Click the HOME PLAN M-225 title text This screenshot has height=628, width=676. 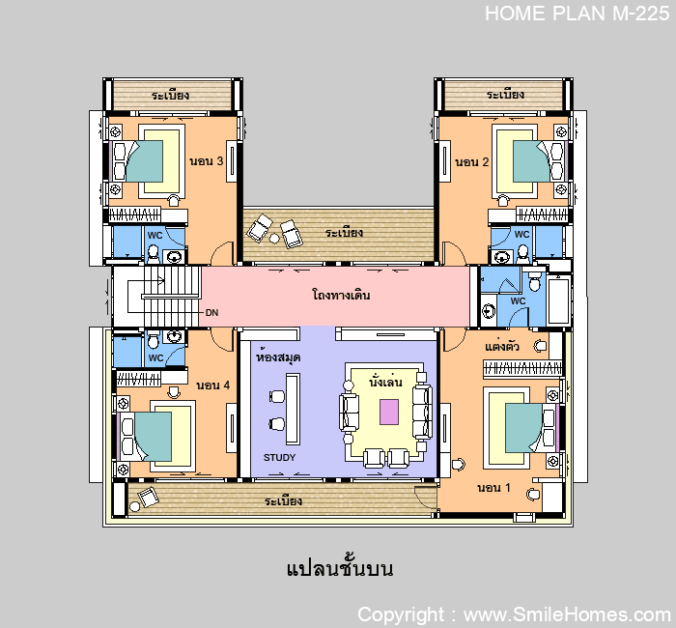click(577, 14)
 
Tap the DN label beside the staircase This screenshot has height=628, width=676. click(211, 313)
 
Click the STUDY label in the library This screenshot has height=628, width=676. click(279, 457)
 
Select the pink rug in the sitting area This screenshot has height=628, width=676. click(389, 412)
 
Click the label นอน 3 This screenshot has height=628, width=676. click(207, 161)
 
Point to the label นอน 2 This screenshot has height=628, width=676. click(471, 162)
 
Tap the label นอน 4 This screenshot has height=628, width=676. click(213, 385)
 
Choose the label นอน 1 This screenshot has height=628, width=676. click(493, 488)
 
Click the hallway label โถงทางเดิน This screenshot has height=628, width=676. click(341, 295)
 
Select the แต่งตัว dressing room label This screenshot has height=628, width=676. click(502, 346)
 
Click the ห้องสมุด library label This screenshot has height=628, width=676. click(278, 357)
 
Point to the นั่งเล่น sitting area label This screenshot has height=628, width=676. click(386, 382)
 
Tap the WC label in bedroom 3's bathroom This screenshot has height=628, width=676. click(155, 236)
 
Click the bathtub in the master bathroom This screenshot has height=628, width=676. click(559, 300)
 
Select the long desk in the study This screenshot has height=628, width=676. click(293, 409)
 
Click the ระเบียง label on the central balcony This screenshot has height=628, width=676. click(344, 233)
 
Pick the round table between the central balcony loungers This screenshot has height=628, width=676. click(274, 238)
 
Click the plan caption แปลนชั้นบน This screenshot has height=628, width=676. click(340, 568)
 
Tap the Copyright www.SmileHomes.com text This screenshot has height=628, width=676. click(514, 614)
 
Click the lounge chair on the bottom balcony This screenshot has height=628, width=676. click(149, 497)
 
